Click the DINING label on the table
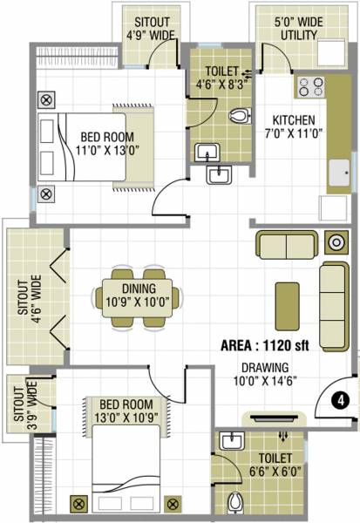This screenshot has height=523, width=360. pos(139,295)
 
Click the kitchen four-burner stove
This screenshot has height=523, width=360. pos(310,87)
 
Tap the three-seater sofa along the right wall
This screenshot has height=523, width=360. pos(333,302)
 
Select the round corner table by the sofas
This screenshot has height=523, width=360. pos(335,243)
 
